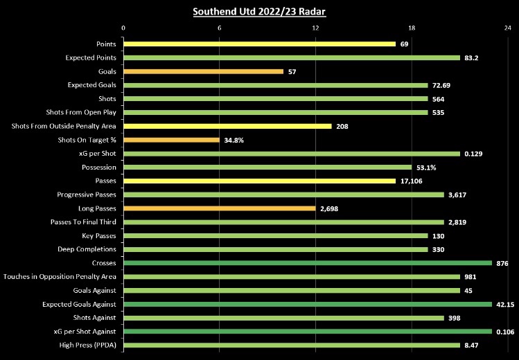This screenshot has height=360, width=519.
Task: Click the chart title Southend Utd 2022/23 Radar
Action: tap(259, 11)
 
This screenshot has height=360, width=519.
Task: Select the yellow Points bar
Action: tap(259, 44)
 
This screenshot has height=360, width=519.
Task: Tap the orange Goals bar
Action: tap(203, 71)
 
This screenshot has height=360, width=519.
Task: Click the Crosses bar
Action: tap(308, 263)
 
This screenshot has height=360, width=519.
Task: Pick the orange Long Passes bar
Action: tap(219, 208)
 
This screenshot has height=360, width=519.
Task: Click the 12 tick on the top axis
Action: tap(315, 28)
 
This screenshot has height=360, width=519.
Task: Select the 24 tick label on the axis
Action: tap(508, 28)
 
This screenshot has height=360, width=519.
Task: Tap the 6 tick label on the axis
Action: tap(219, 28)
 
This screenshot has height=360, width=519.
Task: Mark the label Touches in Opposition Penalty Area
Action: tap(60, 277)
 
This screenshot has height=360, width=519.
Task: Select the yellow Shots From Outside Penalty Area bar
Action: tap(227, 126)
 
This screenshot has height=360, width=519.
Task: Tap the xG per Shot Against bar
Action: tap(308, 331)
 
